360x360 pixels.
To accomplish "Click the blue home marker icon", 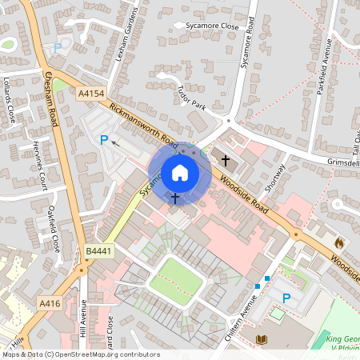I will [179, 173].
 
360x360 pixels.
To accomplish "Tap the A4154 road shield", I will [91, 94].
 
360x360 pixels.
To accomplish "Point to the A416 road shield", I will [50, 303].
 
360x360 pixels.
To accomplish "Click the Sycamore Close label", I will [212, 26].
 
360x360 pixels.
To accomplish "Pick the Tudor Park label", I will [191, 98].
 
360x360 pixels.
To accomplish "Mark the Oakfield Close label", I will [55, 229].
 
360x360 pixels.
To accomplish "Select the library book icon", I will [260, 341].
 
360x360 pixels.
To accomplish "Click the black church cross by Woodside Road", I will [226, 161].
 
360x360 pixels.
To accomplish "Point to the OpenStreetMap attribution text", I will [80, 354].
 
